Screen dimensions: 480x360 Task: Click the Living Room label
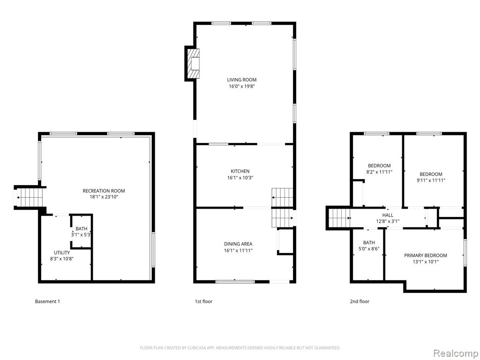tap(241, 80)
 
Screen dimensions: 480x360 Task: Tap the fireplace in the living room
tap(192, 64)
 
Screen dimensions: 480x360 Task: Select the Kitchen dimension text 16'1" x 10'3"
tap(240, 178)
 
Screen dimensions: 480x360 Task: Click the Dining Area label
tap(238, 244)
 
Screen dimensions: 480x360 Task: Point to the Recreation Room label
tap(104, 191)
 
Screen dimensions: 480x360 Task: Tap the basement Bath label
tap(82, 229)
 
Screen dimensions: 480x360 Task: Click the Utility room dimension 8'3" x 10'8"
tap(62, 259)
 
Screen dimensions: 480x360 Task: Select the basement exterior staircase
tap(29, 197)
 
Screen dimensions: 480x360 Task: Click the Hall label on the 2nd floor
tap(388, 215)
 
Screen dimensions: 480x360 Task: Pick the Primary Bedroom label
tap(426, 255)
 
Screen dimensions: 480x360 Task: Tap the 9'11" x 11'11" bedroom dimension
tap(431, 180)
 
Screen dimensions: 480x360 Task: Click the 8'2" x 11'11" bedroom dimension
tap(379, 172)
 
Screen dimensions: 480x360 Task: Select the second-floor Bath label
tap(369, 243)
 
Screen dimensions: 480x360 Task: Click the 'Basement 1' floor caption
tap(47, 301)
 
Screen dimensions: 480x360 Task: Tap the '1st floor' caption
tap(203, 301)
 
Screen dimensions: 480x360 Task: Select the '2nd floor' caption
tap(360, 301)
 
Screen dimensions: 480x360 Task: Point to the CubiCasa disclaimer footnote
tap(240, 348)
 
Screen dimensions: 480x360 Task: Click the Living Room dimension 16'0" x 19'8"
tap(242, 86)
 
